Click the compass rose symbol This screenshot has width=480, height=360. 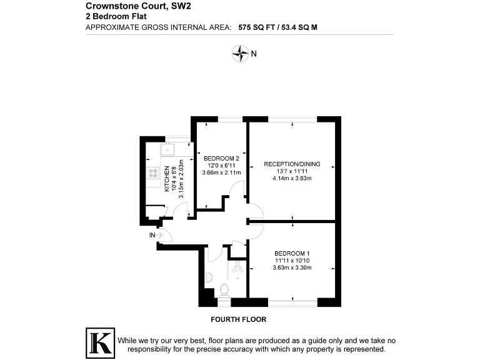click(x=240, y=54)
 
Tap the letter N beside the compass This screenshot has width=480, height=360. click(x=254, y=54)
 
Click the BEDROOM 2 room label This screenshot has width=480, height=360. click(x=221, y=158)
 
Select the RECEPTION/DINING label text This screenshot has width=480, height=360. click(x=292, y=164)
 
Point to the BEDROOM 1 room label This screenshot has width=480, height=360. click(x=292, y=253)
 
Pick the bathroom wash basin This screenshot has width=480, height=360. click(x=207, y=277)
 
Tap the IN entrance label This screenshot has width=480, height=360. click(x=152, y=235)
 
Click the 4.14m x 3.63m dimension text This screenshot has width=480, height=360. click(x=292, y=179)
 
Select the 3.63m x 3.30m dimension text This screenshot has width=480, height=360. click(x=292, y=267)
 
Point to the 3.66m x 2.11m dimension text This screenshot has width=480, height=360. click(x=221, y=172)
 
